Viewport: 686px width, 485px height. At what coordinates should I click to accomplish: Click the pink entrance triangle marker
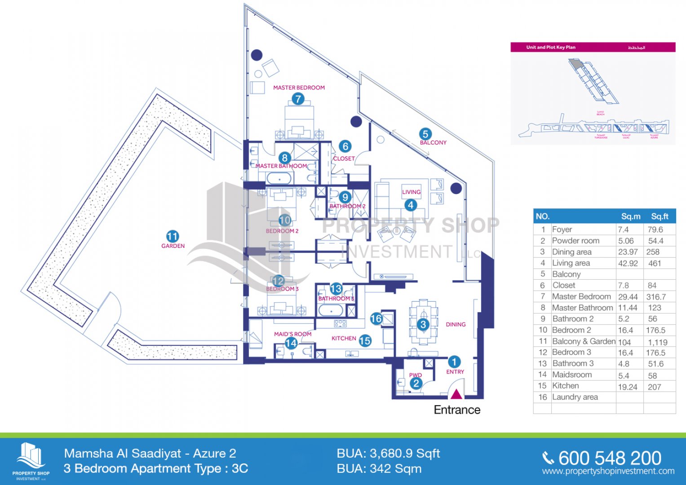coord(456,394)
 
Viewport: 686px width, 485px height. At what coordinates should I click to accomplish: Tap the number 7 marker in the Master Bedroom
coord(298,99)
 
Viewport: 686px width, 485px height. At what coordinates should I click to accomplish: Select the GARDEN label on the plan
coord(173,246)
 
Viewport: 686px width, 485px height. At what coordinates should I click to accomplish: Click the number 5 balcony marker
coord(425,134)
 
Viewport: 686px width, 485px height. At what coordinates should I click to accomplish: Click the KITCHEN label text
coord(344,339)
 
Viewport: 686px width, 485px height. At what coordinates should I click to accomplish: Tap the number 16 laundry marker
coord(376,319)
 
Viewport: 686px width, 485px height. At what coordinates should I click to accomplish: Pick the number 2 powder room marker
coord(416,384)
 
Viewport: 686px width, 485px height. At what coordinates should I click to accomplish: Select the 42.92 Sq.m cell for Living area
coord(628,263)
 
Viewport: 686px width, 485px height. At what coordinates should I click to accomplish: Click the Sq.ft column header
coord(659,216)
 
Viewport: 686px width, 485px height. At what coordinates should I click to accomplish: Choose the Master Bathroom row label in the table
coord(582,308)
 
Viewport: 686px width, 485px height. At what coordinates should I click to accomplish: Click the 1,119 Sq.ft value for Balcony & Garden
coord(658,342)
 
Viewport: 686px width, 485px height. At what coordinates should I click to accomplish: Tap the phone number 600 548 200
coord(610,458)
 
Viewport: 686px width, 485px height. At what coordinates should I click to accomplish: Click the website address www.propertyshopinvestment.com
coord(608,471)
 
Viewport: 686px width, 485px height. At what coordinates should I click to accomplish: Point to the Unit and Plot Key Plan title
coord(551,47)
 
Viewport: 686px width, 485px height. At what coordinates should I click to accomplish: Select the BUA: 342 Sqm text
coord(379,469)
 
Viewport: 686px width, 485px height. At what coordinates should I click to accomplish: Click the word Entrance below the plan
coord(457,410)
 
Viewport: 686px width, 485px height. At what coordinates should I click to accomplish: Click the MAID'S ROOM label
coord(293,334)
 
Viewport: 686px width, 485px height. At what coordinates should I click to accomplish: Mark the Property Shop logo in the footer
coord(31,460)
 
